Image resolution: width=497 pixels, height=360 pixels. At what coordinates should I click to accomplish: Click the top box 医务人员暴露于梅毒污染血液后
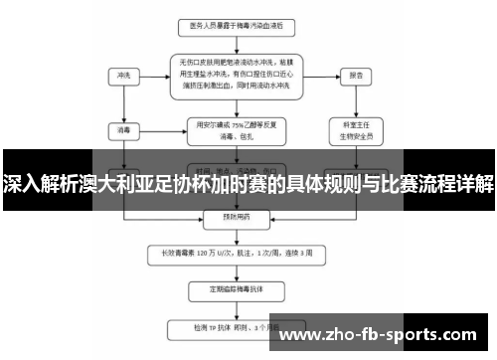(x=237, y=22)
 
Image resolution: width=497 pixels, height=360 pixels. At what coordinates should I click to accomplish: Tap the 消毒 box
(x=124, y=128)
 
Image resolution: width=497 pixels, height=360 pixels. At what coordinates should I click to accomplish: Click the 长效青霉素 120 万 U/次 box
(x=237, y=252)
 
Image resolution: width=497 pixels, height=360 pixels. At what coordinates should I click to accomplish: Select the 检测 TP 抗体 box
(x=237, y=327)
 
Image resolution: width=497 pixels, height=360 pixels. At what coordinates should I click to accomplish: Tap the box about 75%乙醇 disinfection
(x=237, y=128)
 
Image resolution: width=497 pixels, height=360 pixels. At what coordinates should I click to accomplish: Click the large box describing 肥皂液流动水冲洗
(x=237, y=75)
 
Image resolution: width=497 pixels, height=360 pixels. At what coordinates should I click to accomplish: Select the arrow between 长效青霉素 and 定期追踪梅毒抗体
(x=237, y=271)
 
